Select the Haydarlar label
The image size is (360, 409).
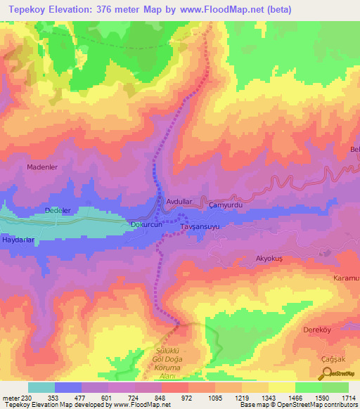click(x=19, y=240)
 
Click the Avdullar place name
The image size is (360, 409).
click(x=179, y=202)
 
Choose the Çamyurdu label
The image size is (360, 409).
click(x=226, y=204)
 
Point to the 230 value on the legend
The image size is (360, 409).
click(x=25, y=398)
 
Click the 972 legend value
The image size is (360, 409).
click(x=186, y=398)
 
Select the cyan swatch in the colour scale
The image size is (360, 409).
click(x=41, y=387)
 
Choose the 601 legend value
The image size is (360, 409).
click(x=106, y=398)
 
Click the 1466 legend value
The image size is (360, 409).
click(x=295, y=398)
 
